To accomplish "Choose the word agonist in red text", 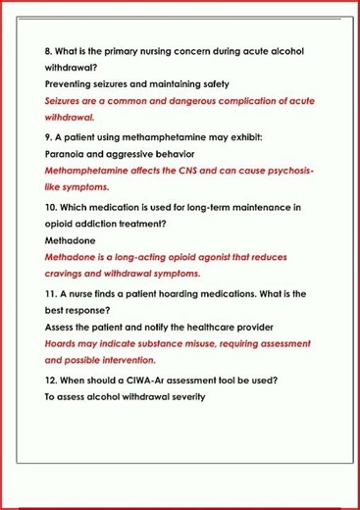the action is pos(204,257).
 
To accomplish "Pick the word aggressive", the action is pos(136,155).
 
